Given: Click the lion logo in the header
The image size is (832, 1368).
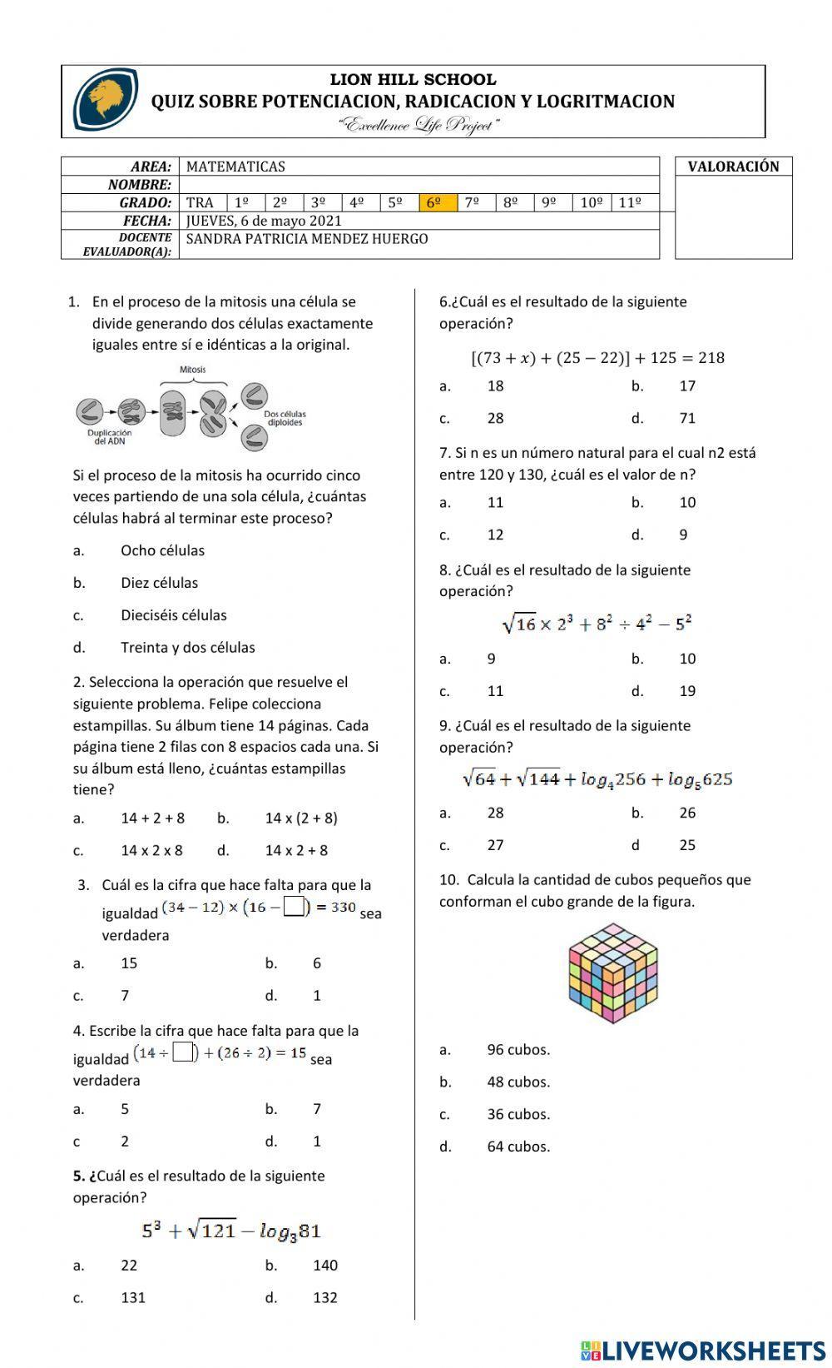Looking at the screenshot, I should click(x=106, y=100).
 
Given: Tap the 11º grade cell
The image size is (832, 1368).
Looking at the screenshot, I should click(x=630, y=202).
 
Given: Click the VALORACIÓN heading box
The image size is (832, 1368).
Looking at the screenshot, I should click(x=733, y=167).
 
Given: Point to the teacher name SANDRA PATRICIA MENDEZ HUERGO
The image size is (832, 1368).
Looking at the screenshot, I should click(x=307, y=239).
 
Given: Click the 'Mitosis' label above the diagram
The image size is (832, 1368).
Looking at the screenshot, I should click(x=192, y=370).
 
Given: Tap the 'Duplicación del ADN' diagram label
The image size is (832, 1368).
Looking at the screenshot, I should click(x=109, y=437).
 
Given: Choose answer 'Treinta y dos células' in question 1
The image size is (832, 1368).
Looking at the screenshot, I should click(x=187, y=647).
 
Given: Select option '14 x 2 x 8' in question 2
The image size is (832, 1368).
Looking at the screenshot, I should click(x=151, y=850).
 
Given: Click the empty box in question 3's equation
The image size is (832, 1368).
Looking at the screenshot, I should click(x=294, y=906).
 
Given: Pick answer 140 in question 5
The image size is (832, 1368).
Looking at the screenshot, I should click(x=325, y=1265).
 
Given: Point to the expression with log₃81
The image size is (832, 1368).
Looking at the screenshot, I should click(x=231, y=1231).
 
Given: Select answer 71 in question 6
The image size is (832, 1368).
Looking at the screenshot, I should click(x=687, y=418).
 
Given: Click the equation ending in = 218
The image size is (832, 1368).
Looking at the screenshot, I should click(x=597, y=358).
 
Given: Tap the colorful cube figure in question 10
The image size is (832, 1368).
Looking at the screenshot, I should click(x=613, y=973).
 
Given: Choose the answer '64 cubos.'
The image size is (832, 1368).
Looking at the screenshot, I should click(x=518, y=1147).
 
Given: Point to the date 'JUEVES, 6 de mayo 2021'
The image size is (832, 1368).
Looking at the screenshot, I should click(x=264, y=221).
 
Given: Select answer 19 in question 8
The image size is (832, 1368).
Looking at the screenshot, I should click(x=687, y=690).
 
